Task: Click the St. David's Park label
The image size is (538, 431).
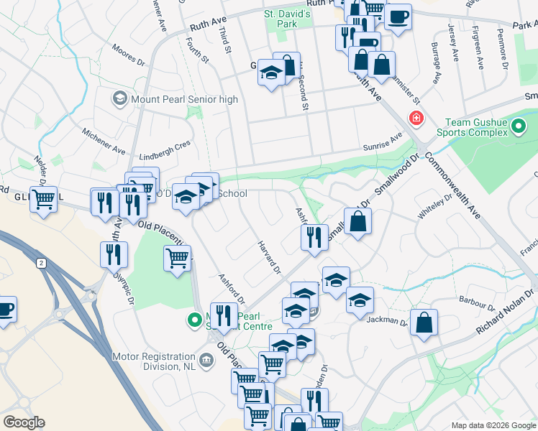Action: (287, 19)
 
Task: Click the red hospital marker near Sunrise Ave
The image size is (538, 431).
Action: (415, 118)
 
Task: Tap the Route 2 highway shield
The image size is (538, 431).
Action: (41, 264)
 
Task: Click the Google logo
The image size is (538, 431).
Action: (24, 422)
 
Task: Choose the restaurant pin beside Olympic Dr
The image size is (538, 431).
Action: (114, 254)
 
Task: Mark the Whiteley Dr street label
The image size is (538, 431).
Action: (435, 208)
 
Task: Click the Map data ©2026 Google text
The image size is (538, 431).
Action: (493, 425)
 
